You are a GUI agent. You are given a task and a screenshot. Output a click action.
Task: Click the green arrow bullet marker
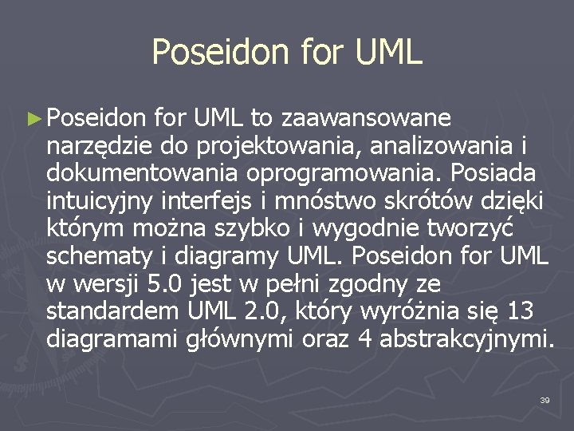coord(33,119)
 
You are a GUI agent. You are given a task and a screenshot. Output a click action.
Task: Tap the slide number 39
coord(545,399)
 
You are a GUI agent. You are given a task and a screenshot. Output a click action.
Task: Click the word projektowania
coord(264,147)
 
